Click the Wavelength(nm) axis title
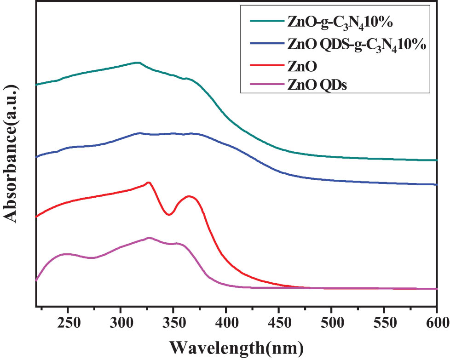[235, 345]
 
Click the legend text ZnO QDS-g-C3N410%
[356, 45]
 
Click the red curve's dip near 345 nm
[169, 214]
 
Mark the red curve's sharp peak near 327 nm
[149, 183]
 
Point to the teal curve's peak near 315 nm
[137, 63]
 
